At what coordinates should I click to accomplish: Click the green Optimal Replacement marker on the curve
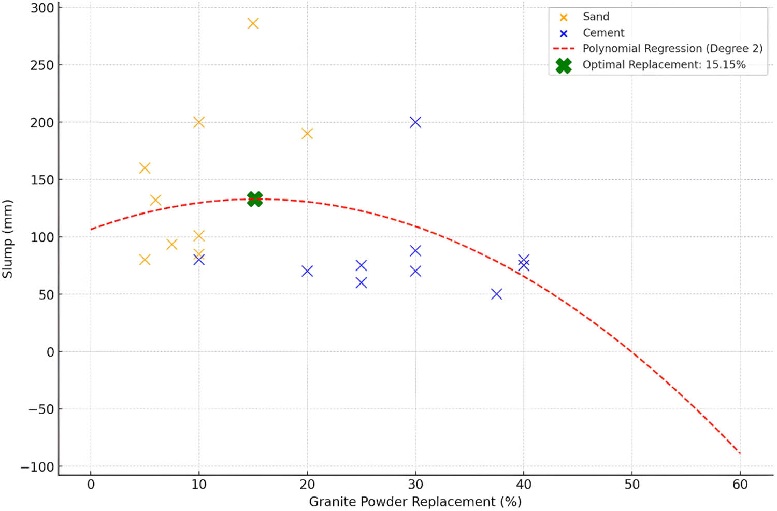pos(254,198)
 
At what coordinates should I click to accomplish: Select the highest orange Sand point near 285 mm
pos(253,23)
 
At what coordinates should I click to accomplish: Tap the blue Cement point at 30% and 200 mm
pos(415,122)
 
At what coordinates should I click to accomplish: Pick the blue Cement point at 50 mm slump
pos(496,294)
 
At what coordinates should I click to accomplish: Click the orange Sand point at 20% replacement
pos(307,134)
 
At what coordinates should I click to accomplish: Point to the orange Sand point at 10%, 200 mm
pos(199,122)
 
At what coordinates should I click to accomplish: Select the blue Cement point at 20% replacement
pos(307,271)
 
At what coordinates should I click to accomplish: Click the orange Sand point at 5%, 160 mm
pos(145,168)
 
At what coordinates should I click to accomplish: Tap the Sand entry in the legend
pos(596,17)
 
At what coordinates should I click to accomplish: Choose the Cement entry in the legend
pos(603,33)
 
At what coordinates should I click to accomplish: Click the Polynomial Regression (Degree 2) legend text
pos(672,49)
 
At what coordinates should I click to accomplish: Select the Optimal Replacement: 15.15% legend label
pos(664,65)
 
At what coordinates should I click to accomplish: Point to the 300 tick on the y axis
pos(42,8)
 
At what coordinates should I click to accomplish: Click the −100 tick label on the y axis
pos(37,467)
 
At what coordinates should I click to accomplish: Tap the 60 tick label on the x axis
pos(740,485)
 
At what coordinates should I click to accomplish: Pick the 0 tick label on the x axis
pos(91,485)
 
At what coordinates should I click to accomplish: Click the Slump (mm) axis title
pos(7,239)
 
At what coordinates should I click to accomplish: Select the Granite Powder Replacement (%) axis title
pos(415,502)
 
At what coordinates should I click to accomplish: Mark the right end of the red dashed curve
pos(740,453)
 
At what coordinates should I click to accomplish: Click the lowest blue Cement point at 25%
pos(361,282)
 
